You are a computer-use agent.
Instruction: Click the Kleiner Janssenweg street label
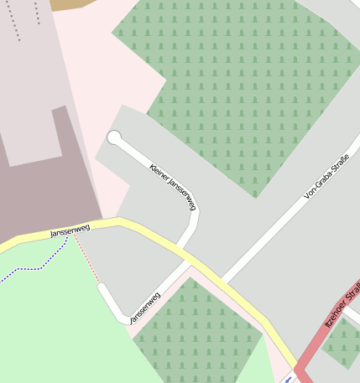172,185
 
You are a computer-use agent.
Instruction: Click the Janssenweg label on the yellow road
70,229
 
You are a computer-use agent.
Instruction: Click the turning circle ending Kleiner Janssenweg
114,137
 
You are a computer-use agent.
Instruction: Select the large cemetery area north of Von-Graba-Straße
227,84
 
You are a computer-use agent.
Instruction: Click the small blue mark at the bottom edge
289,379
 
